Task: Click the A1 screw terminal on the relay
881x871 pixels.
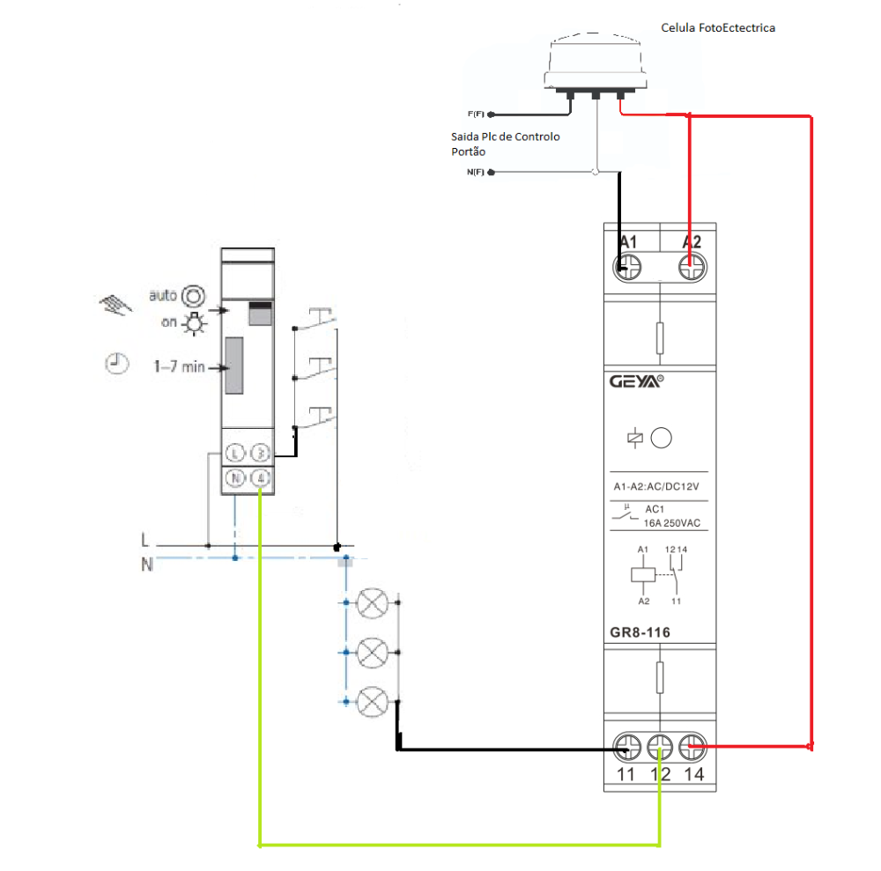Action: point(627,267)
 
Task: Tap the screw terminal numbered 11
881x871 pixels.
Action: point(627,749)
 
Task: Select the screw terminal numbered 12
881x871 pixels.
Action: point(660,749)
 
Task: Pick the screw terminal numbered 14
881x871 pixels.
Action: point(693,749)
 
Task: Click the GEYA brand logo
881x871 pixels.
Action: point(635,382)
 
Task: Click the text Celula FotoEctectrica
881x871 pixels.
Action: point(718,28)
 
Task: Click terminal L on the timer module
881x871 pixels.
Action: point(235,454)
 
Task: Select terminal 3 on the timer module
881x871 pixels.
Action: point(261,454)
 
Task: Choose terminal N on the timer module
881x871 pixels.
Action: point(235,479)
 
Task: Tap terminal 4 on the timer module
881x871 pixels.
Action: point(261,479)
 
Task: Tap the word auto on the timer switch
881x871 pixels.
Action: point(164,295)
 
